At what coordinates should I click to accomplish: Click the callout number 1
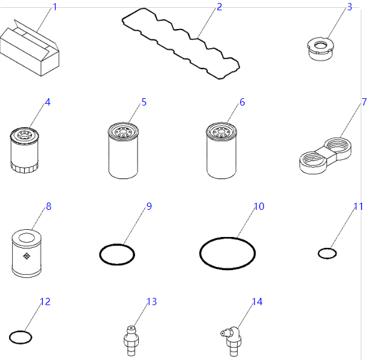coord(55,7)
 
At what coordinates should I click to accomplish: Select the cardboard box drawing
coord(30,48)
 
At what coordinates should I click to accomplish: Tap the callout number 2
coord(220,7)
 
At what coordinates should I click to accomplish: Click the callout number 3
coord(349,7)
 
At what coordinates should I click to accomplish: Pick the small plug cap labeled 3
coord(321,49)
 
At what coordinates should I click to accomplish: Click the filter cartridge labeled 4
coord(24,150)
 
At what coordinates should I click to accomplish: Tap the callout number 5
coord(144,102)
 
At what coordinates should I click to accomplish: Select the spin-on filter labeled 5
coord(123,151)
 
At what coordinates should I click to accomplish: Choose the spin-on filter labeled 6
coord(221,151)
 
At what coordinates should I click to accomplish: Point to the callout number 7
coord(364,102)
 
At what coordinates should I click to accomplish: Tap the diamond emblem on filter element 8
coord(27,256)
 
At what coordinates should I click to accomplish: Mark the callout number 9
coord(149,206)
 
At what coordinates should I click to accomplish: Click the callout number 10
coord(259,206)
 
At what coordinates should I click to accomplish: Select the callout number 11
coord(358,206)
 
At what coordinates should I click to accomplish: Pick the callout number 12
coord(45,302)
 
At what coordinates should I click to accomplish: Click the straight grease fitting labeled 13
coord(131,341)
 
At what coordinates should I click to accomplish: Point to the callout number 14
coord(257,302)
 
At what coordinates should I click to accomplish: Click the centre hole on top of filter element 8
coord(27,238)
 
